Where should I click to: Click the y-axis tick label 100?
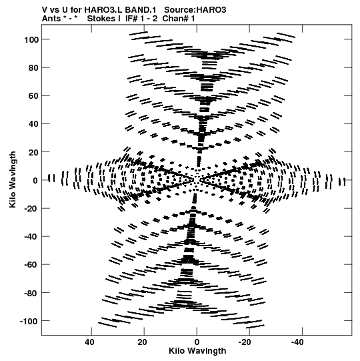31,39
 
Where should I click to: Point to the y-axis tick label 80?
33,68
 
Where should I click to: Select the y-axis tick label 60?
33,96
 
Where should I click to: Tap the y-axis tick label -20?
31,209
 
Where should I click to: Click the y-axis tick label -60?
31,265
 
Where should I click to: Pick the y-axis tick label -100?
29,321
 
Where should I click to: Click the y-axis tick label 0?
35,180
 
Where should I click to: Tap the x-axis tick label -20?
245,342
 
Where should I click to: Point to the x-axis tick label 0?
197,342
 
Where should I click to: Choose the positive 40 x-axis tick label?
89,342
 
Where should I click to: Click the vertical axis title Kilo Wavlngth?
13,179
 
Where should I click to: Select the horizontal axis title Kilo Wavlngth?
197,351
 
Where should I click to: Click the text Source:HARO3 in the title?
195,10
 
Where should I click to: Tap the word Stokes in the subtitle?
104,19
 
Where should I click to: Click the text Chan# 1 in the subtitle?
179,19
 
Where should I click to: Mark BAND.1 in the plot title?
141,10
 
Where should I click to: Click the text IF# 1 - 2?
141,19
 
